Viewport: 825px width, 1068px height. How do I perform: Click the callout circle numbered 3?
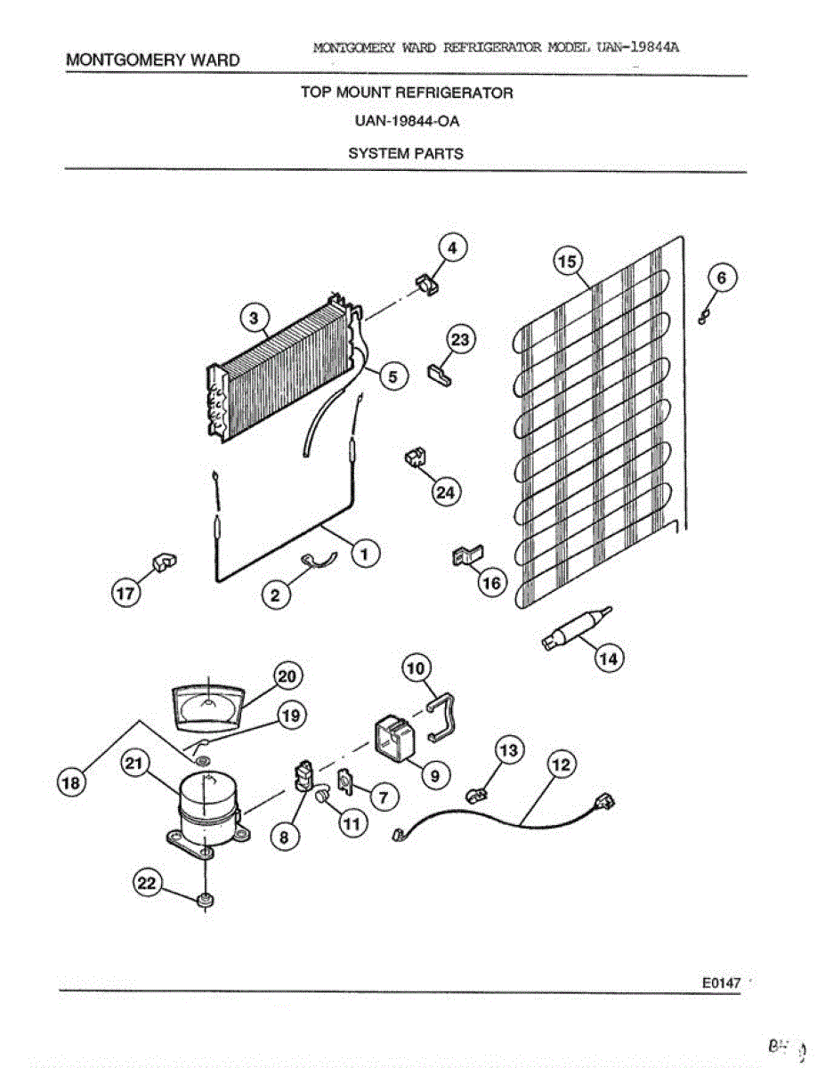tap(254, 318)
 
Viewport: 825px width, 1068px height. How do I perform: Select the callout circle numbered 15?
tap(567, 261)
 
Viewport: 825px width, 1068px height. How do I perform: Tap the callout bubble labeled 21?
tap(134, 765)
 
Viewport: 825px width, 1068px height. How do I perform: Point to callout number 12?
tap(562, 765)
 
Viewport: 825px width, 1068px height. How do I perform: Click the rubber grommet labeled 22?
tap(206, 901)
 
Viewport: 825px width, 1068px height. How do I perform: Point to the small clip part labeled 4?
tap(426, 285)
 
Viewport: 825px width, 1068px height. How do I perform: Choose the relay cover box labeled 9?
tap(392, 739)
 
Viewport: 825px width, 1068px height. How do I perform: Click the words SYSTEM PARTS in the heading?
tap(405, 153)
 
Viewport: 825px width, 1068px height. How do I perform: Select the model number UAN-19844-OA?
tap(405, 123)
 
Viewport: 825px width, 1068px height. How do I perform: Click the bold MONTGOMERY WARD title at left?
tap(153, 61)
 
